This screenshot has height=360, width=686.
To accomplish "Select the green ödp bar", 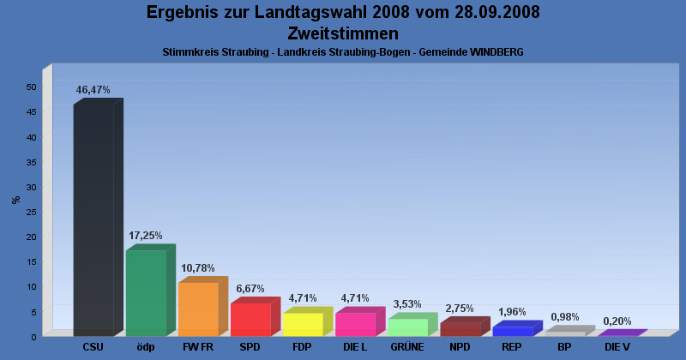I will [146, 292].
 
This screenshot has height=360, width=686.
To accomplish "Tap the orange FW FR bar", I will [198, 309].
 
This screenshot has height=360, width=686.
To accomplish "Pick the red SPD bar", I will [250, 319].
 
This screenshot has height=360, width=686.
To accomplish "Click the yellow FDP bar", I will [303, 324].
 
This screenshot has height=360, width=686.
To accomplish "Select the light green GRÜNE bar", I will [407, 327].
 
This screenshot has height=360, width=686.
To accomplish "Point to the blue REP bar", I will [512, 331].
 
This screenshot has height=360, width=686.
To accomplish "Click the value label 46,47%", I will [93, 89].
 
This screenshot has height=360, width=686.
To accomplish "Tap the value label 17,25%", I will [146, 235].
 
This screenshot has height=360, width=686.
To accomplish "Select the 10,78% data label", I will [198, 267].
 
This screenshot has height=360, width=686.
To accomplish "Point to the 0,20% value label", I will [617, 321].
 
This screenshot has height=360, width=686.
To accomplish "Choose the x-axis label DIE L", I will [355, 347].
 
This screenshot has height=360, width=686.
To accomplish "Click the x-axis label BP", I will [564, 347].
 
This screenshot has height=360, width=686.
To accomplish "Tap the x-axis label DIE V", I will [617, 347].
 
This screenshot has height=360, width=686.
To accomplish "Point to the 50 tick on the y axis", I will [31, 87].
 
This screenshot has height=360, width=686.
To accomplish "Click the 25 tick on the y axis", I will [31, 212].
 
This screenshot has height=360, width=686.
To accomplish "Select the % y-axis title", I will [15, 200].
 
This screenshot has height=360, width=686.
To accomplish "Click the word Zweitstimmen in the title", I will [343, 33].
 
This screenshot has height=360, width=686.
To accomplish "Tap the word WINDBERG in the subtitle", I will [495, 52].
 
